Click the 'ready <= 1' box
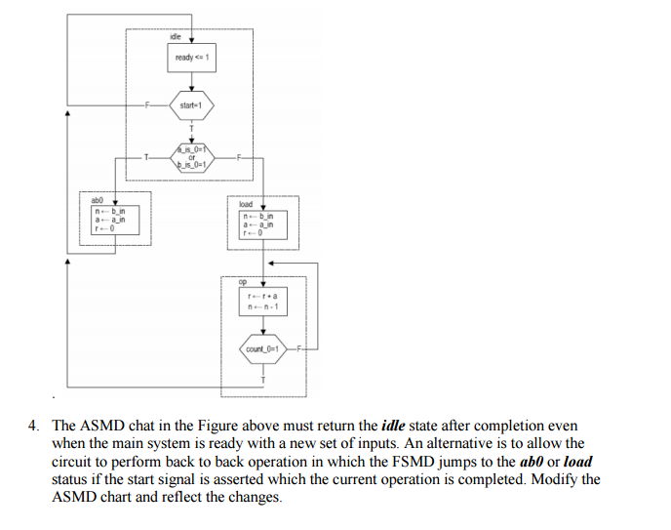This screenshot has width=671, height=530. pos(191,59)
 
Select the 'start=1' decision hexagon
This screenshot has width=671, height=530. pos(191,103)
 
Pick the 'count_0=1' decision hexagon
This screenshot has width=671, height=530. pos(262,348)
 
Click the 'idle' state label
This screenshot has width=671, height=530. pos(176,36)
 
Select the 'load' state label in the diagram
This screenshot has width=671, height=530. pos(246,205)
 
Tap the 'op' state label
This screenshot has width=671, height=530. pos(243,281)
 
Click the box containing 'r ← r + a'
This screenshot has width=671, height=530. pos(262,300)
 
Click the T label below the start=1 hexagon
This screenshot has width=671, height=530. pos(192,128)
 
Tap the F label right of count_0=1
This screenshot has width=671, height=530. pos(299,348)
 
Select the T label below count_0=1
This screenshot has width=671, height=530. pos(262,376)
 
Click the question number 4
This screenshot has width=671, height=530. pos(32,427)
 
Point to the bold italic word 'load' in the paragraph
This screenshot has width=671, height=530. pos(577,462)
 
